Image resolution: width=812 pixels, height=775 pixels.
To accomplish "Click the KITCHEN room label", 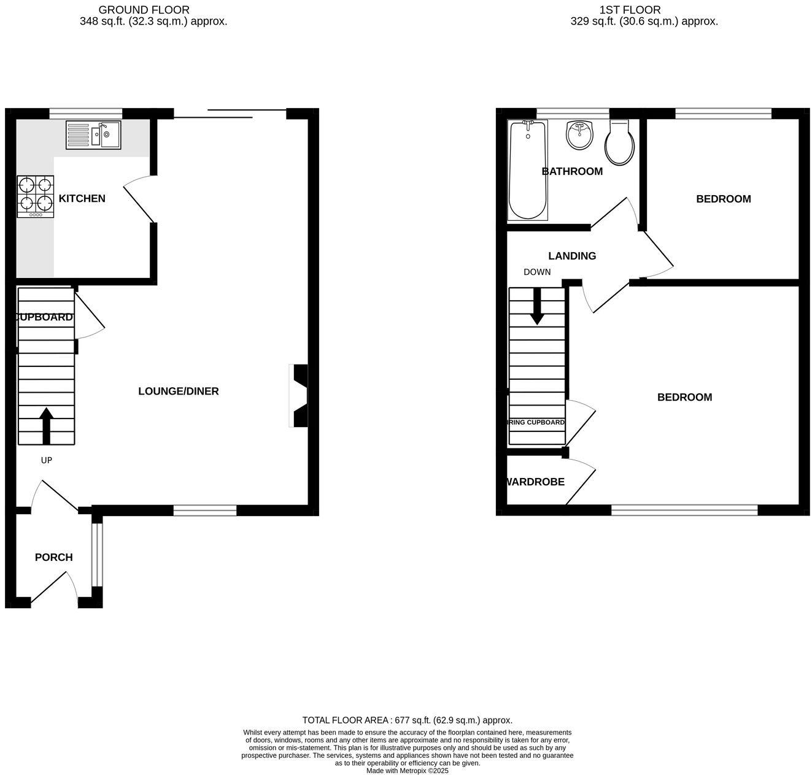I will pos(82,198).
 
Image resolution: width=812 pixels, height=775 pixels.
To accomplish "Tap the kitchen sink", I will pos(94,135).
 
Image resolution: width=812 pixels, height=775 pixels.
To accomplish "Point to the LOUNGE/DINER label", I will pos(178,391).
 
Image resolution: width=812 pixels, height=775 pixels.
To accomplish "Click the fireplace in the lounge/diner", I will pos(299,396).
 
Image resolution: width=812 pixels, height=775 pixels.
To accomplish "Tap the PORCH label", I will pos(53,557).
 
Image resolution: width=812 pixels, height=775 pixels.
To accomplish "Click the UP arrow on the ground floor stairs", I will pos(47,425).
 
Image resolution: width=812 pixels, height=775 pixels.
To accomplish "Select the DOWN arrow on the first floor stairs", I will pos(537,306).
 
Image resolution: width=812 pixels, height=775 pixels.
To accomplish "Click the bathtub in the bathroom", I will pos(527,170).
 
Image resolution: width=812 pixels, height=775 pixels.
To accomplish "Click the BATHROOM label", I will pos(572,171).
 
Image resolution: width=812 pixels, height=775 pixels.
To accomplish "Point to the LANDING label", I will pos(572,256).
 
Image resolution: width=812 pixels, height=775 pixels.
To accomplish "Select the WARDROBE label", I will pos(535,482).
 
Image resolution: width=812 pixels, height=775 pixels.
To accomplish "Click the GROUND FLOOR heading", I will pos(144,10).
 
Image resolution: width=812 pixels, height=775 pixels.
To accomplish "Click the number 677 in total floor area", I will pos(402,720).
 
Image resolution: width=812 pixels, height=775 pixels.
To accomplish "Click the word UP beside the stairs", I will pos(47,460).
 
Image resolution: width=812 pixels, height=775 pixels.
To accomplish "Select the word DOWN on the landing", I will pos(537,272).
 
